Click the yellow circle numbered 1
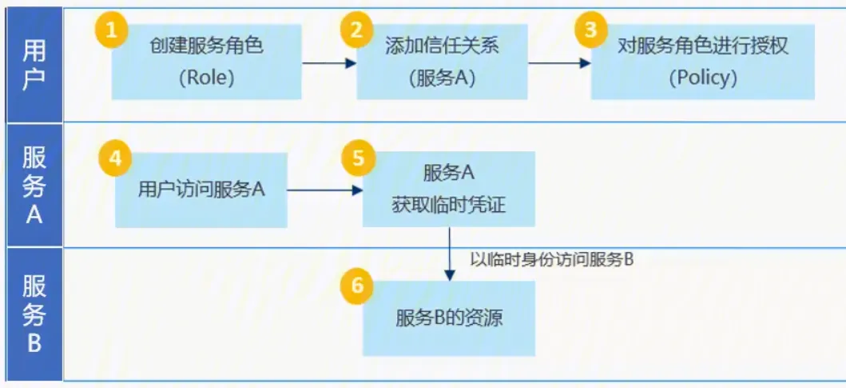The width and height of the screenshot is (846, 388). [111, 31]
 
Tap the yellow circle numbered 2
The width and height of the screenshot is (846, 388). [356, 31]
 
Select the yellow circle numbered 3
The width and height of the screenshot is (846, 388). [590, 31]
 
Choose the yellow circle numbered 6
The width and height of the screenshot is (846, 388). [356, 286]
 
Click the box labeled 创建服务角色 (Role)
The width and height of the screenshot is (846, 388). [206, 62]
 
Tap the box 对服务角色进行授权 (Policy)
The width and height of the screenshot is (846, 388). [702, 62]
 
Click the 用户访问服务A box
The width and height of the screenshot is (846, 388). [201, 190]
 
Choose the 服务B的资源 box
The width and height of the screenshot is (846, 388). [449, 318]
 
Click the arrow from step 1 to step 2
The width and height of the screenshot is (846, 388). [328, 62]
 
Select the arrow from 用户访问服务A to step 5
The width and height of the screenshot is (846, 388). [324, 190]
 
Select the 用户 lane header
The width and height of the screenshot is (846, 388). [33, 65]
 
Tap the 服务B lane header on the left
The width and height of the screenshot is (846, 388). [33, 314]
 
